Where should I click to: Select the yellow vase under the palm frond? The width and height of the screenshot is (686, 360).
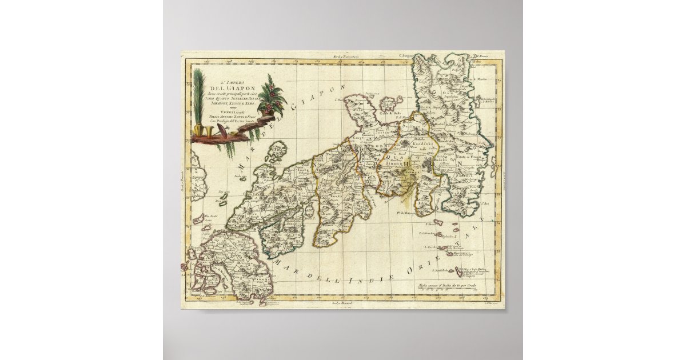(198, 133)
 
